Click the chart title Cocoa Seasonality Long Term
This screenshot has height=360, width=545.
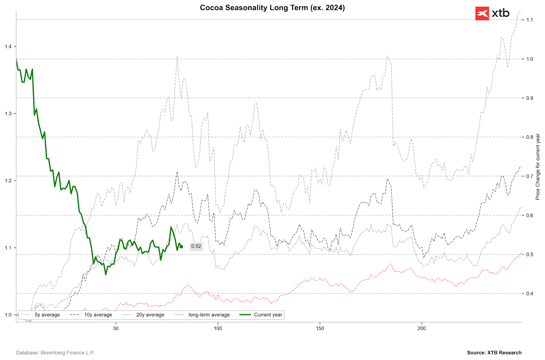(272, 8)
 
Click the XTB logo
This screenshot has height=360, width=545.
(492, 14)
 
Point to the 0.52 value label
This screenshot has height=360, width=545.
(196, 246)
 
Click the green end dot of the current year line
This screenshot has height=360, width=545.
(181, 247)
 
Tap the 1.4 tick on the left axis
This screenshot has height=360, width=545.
(8, 47)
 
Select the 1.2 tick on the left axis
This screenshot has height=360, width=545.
(8, 181)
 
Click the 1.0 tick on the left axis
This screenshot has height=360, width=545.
(8, 315)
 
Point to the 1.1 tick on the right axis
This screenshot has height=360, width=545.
(529, 20)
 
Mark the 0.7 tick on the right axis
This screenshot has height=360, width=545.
(529, 176)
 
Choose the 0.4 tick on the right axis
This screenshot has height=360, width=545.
(529, 293)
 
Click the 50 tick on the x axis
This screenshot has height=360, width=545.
(116, 328)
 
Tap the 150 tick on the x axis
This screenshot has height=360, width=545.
(320, 328)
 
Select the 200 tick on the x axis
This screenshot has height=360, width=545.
(422, 328)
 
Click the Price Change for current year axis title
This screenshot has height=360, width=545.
(537, 167)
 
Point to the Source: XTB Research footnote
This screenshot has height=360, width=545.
(494, 353)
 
